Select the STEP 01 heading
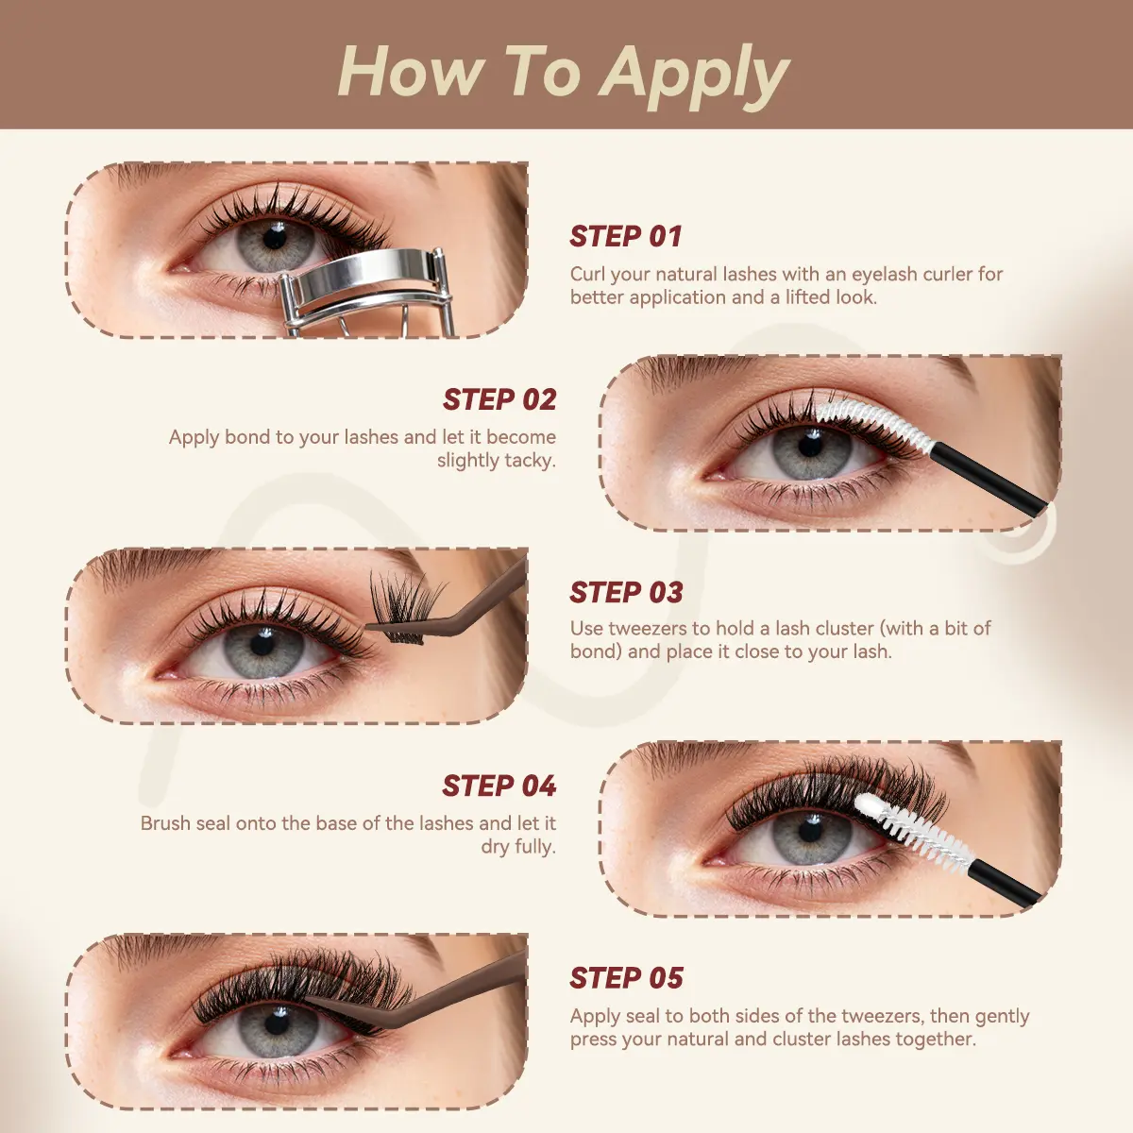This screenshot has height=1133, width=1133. click(x=626, y=236)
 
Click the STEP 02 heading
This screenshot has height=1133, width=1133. click(x=499, y=399)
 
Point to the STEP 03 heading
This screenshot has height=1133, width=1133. click(x=626, y=592)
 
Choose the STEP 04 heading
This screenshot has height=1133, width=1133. click(x=499, y=786)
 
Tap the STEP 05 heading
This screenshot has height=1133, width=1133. click(x=626, y=978)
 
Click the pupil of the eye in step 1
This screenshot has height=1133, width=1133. click(x=273, y=239)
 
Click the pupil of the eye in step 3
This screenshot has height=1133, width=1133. click(x=262, y=644)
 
